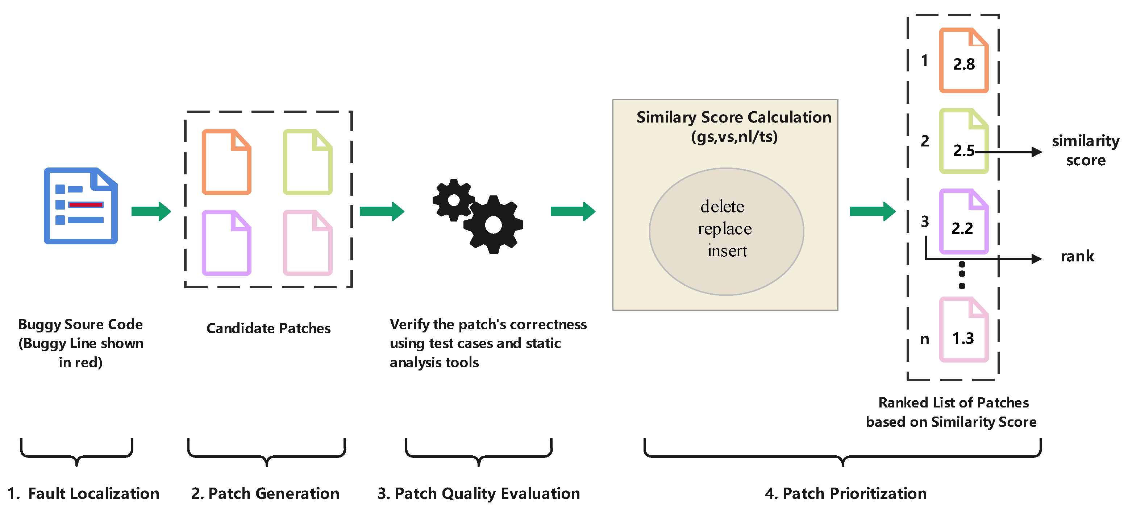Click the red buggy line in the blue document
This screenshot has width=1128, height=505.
pos(86,204)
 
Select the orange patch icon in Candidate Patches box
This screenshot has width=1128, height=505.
pos(226,162)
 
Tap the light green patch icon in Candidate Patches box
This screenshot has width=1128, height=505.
pos(307,162)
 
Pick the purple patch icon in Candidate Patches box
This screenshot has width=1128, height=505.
pos(226,243)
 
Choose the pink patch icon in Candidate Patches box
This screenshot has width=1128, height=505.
pos(307,243)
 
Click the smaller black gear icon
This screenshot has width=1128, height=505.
pos(453,200)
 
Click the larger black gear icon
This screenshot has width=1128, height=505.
pos(493,225)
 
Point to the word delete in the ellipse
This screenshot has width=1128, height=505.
pos(722,206)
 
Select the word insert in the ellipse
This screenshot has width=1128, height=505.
pos(727,251)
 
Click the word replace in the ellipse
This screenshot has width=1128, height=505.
pos(725,229)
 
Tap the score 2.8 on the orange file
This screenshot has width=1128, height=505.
pos(964,65)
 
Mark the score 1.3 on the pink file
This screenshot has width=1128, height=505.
pos(963,338)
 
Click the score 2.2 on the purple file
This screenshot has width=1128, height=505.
pos(962,228)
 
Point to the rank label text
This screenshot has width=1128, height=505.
pos(1077,256)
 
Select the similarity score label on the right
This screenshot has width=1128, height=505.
pos(1085,150)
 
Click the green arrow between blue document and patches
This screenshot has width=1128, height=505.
pos(151,212)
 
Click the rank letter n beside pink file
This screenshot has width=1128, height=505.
pos(924,339)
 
